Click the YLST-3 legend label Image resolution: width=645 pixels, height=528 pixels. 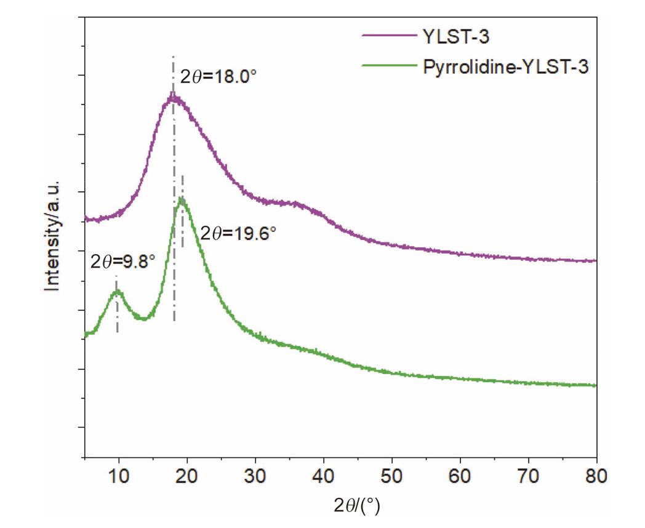click(457, 37)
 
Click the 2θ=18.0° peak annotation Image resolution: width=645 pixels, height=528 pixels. click(218, 78)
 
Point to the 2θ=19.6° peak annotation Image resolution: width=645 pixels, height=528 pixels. click(239, 234)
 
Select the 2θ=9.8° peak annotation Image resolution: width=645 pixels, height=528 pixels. click(122, 261)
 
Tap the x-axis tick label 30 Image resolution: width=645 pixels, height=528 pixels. click(255, 476)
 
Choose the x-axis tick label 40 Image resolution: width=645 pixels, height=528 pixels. click(323, 476)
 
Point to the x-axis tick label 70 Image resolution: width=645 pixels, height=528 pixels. click(528, 476)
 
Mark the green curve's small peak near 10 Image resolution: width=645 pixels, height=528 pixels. click(117, 292)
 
